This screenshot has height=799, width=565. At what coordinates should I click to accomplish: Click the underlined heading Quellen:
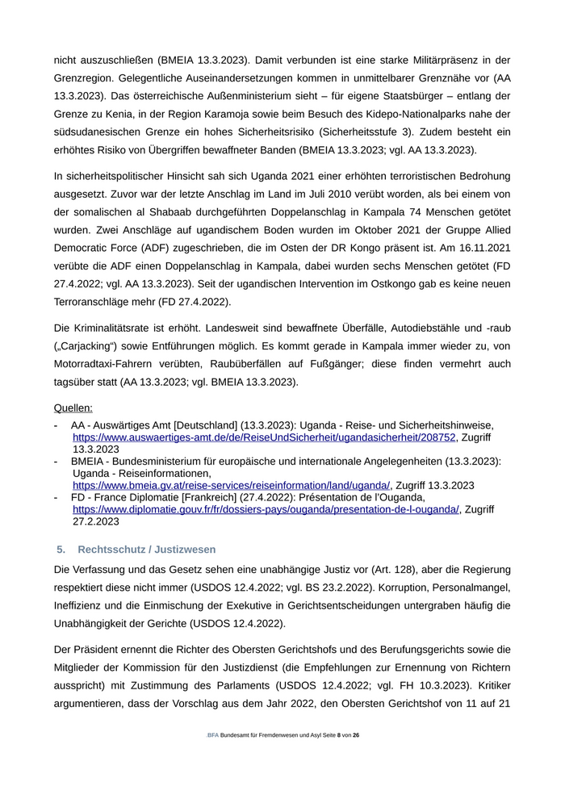point(73,408)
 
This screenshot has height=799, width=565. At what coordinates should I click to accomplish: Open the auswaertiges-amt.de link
point(264,437)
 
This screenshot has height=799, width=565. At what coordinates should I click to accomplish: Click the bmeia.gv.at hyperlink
point(231,486)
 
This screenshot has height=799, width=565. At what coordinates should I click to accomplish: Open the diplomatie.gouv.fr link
point(266,510)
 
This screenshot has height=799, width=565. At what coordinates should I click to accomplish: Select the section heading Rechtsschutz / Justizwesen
point(147,550)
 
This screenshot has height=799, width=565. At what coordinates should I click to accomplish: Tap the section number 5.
point(61,550)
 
